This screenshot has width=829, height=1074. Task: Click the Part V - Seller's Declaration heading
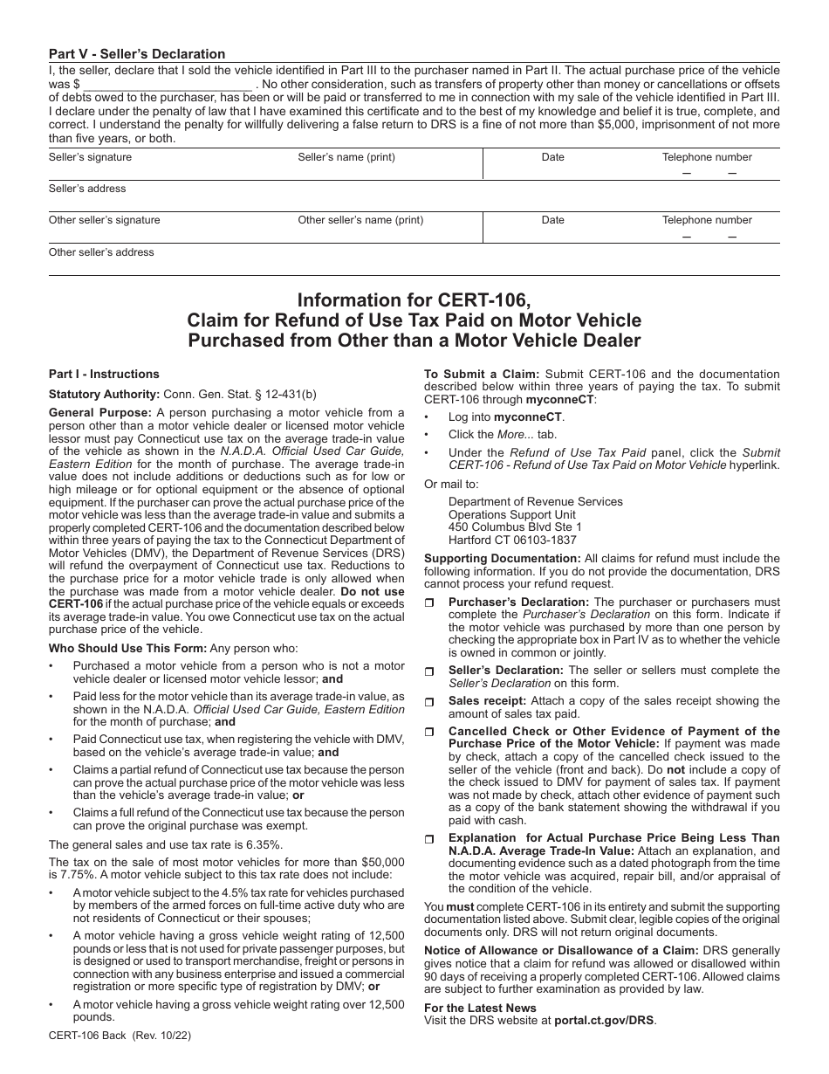tap(137, 54)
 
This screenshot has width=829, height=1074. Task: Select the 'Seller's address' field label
tap(87, 189)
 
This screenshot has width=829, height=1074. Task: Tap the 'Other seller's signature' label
tap(105, 220)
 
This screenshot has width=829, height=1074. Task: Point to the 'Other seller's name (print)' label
tap(360, 220)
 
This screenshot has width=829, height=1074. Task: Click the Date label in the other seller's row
tap(552, 220)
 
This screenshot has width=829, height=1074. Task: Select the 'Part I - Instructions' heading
tap(104, 374)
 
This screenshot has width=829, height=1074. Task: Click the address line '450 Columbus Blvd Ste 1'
tap(515, 527)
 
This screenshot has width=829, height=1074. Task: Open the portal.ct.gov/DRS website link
tap(604, 1020)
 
